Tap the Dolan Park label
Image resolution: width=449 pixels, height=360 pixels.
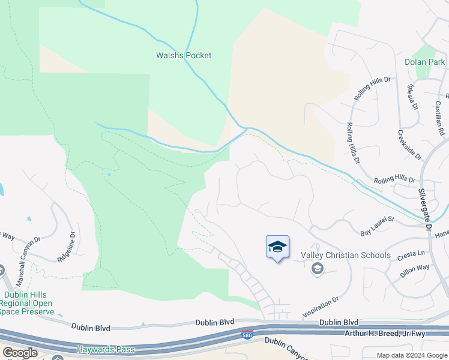click(x=424, y=62)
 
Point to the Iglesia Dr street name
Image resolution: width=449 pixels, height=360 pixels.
click(x=412, y=97)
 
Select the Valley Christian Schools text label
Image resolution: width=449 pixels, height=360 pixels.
click(x=346, y=255)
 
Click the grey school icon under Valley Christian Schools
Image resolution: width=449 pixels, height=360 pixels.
click(x=317, y=269)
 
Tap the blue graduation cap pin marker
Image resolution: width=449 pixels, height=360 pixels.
click(x=277, y=247)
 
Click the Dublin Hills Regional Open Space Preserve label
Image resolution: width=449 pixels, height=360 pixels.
click(x=28, y=303)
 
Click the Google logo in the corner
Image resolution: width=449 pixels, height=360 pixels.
click(x=20, y=353)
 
